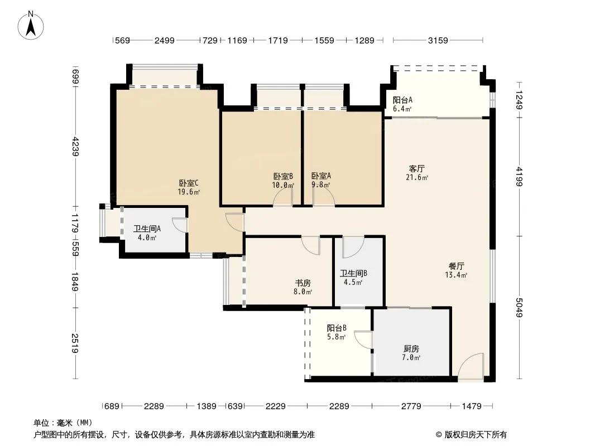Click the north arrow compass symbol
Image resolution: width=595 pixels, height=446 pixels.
click(31, 26)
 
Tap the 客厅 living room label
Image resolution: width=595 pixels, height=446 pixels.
click(416, 168)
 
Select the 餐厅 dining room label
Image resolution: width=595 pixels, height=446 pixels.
click(456, 266)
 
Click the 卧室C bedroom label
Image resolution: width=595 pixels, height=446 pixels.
click(189, 183)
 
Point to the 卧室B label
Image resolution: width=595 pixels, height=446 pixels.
click(283, 177)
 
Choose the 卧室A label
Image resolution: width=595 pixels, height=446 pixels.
click(321, 176)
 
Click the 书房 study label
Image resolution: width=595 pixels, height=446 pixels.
click(303, 283)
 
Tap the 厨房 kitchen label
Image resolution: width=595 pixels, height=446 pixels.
click(411, 348)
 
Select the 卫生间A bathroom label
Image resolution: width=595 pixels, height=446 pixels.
click(147, 229)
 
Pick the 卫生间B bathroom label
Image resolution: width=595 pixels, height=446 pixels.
click(353, 273)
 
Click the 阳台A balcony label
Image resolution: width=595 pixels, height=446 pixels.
click(402, 100)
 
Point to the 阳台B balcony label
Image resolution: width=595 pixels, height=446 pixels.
click(337, 328)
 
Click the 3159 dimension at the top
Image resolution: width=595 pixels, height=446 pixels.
click(438, 40)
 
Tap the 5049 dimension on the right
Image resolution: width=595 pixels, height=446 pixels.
click(519, 308)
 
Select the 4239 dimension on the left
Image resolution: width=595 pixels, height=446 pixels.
click(75, 146)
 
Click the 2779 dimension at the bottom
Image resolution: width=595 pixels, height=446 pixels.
click(411, 406)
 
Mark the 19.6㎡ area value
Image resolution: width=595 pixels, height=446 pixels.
click(189, 192)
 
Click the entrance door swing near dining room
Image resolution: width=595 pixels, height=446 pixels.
click(471, 366)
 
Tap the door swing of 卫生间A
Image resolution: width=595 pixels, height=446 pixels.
click(180, 224)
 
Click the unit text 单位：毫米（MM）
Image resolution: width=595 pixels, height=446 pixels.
click(63, 423)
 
